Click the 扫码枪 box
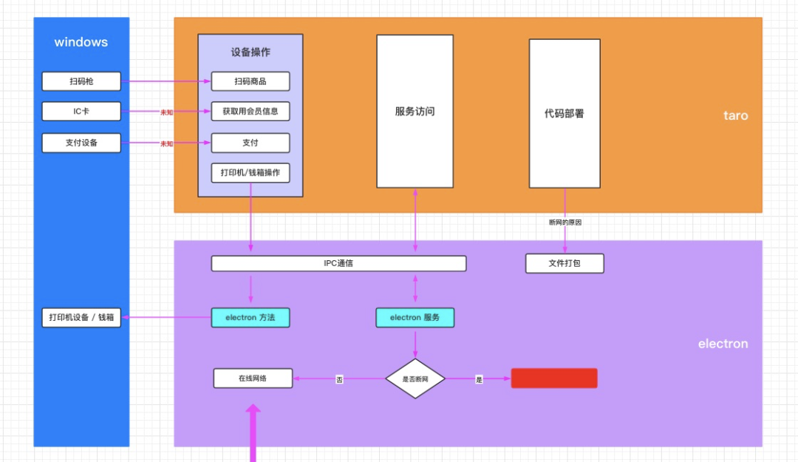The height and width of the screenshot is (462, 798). (x=81, y=81)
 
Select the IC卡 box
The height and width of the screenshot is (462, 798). (x=81, y=112)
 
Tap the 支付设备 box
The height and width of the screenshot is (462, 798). (x=81, y=143)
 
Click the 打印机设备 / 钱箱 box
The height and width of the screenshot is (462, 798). (x=81, y=318)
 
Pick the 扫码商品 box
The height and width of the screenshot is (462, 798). (x=250, y=81)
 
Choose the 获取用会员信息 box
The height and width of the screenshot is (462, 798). (x=250, y=112)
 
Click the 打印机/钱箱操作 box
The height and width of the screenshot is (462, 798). (x=250, y=173)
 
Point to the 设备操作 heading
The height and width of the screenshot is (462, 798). (x=250, y=52)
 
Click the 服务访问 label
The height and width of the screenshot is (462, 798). (x=415, y=112)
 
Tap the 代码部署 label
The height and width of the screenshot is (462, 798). (x=565, y=114)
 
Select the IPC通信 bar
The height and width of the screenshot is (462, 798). (x=338, y=263)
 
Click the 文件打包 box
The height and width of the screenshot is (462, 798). (x=565, y=263)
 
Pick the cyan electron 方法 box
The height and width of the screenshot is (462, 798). (x=250, y=318)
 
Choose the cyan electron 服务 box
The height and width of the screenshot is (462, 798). (x=415, y=318)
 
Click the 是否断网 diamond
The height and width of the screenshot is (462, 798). (x=415, y=378)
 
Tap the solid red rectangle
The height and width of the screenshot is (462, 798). (x=554, y=378)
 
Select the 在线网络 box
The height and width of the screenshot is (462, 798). (x=253, y=378)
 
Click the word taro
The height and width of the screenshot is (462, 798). (x=735, y=116)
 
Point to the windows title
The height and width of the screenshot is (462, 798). (x=81, y=42)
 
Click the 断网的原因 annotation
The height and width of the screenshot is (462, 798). (x=565, y=222)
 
